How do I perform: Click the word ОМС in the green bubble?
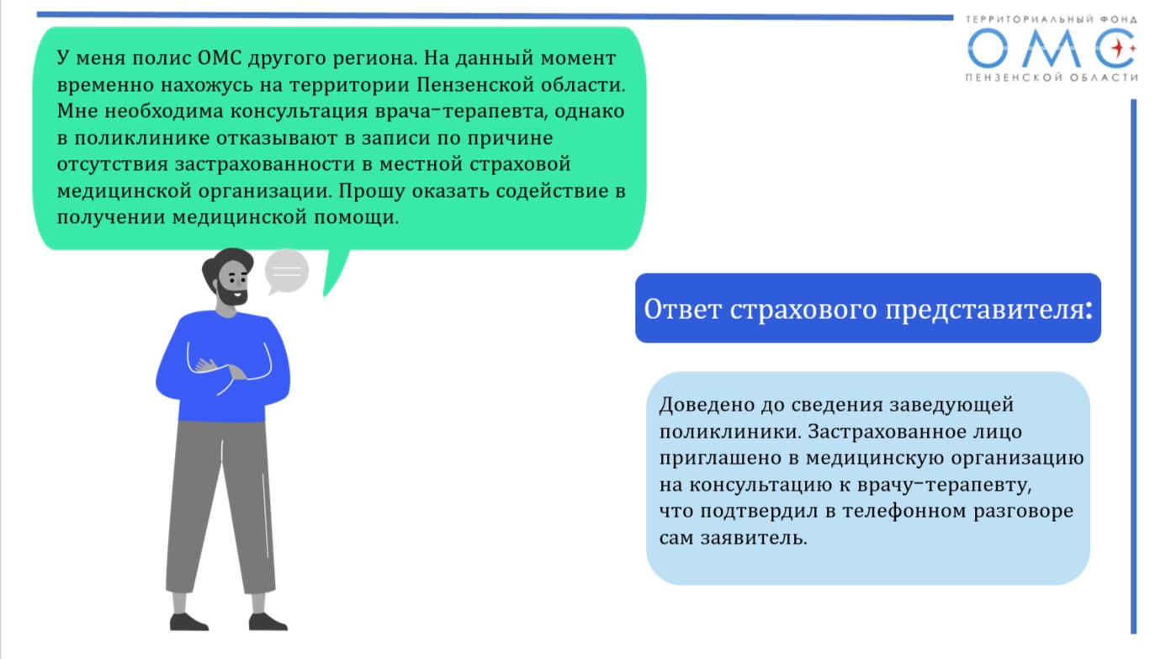pos(220,58)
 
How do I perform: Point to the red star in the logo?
pos(1118,49)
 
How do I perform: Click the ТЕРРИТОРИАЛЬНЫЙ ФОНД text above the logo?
pos(1051,19)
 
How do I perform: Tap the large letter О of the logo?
pos(988,48)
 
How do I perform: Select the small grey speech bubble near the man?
pos(286,272)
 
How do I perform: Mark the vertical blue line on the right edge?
pos(1133,366)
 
